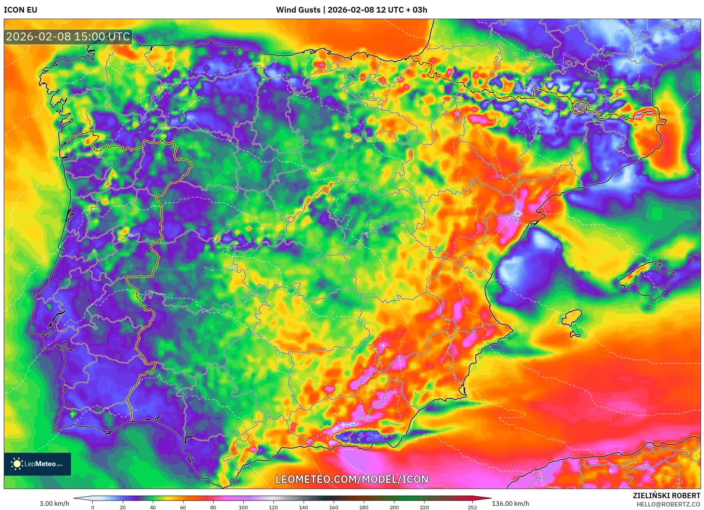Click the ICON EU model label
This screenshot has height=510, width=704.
point(21,10)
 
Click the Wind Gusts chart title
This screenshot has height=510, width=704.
point(351,10)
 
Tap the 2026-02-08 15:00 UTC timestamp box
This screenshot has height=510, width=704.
point(68,37)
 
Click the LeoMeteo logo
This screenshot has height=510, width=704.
point(37,464)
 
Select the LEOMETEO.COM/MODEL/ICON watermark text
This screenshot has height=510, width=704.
point(352,479)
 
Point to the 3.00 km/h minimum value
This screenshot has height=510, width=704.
point(54,504)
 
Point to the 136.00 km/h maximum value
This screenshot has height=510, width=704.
point(510,504)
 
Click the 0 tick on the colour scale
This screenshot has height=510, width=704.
point(93,507)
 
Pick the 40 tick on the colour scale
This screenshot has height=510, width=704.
point(153,507)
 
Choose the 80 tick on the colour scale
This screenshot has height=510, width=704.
point(213,507)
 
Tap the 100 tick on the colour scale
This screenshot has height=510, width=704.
point(243,507)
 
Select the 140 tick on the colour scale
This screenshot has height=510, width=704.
point(304,507)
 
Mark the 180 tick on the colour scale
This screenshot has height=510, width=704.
point(364,507)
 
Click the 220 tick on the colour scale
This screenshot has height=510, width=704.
point(424,507)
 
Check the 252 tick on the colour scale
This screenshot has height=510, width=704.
point(473,507)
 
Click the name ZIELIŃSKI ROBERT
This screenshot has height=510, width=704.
point(667,496)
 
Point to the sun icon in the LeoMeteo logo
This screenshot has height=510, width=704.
point(17,464)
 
